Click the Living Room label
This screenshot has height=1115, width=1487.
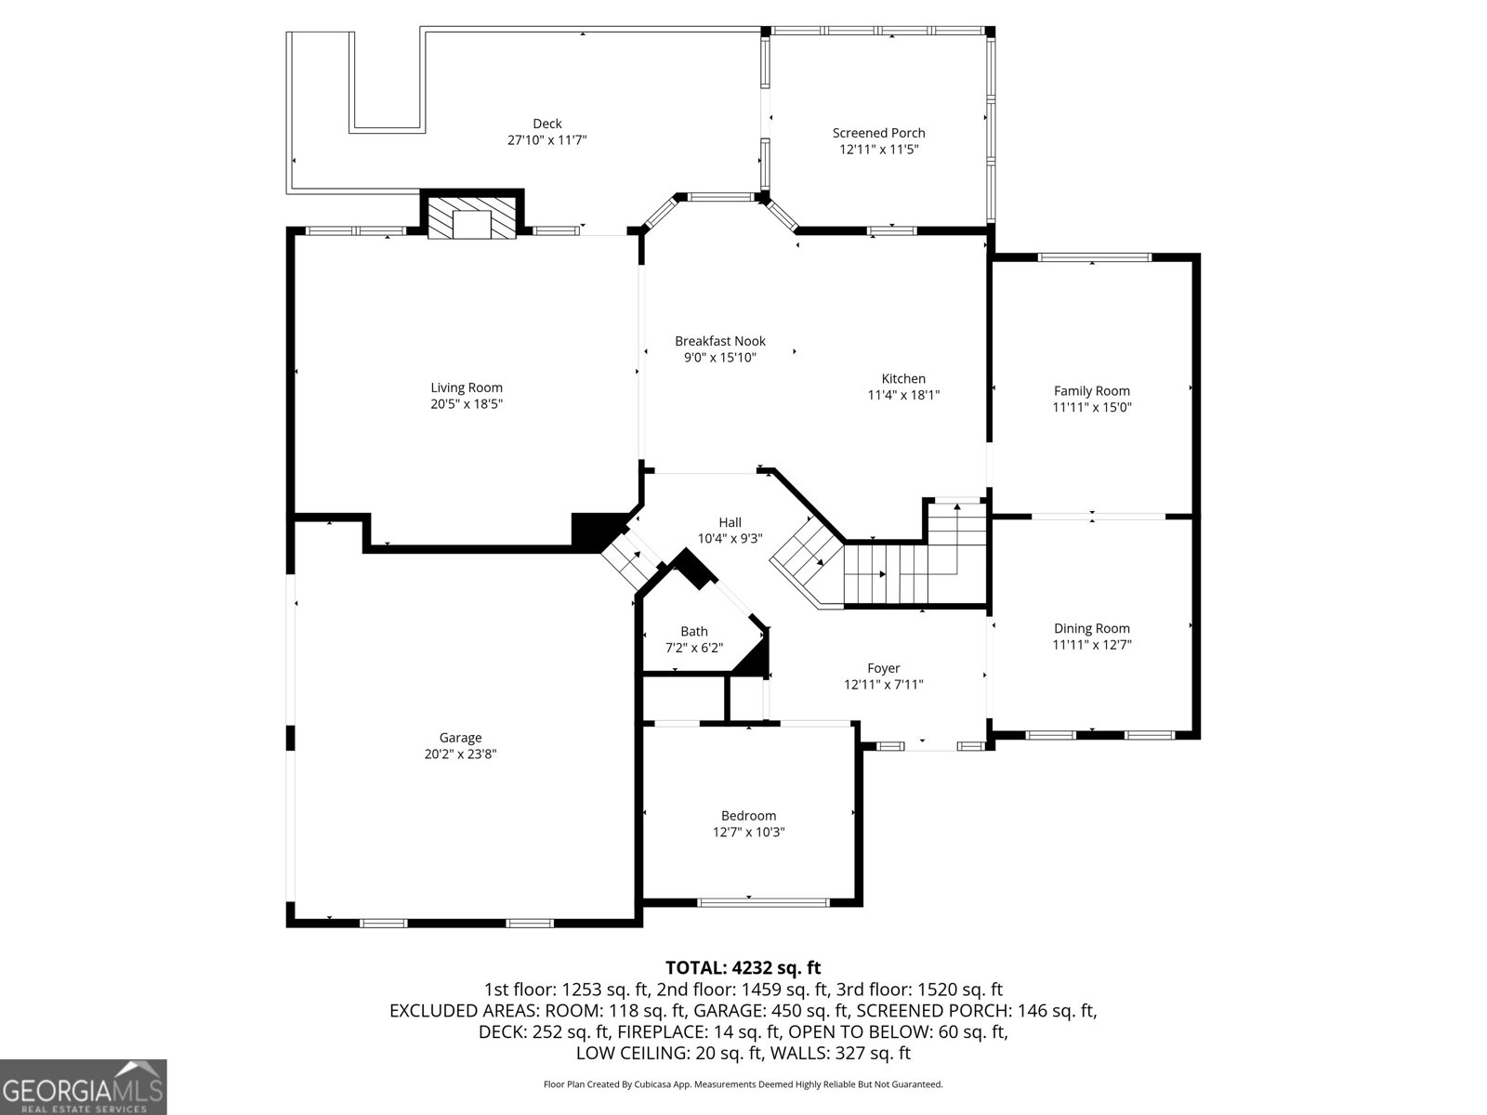coord(467,387)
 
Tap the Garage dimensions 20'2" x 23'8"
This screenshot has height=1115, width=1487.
coord(460,754)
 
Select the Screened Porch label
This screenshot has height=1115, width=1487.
coord(878,133)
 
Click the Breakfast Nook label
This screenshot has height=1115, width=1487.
coord(720,341)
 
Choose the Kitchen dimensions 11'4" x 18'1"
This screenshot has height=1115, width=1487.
coord(903,395)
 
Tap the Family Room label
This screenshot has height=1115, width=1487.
coord(1092,391)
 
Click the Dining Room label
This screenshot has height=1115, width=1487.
coord(1092,628)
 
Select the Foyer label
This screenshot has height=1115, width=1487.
coord(883,668)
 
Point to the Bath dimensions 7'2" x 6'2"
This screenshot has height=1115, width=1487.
coord(694,648)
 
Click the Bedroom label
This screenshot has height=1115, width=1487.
coord(748,816)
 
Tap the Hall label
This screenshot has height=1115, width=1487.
coord(730,522)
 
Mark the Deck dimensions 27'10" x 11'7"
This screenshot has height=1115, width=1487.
coord(547,139)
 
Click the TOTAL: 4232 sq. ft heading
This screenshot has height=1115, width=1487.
coord(743,968)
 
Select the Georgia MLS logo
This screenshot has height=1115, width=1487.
coord(84,1086)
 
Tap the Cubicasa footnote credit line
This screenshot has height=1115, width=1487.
coord(743,1084)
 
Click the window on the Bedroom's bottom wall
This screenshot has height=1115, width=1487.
coord(763,901)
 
